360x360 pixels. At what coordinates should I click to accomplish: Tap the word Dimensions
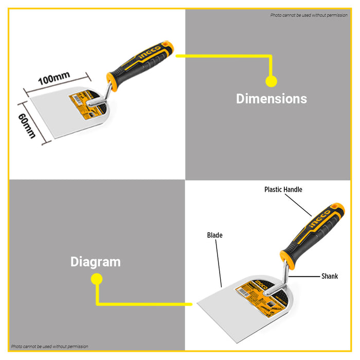[271, 99]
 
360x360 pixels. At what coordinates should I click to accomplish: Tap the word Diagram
[95, 262]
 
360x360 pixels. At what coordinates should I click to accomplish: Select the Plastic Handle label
[283, 190]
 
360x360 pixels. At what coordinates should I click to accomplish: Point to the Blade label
[214, 236]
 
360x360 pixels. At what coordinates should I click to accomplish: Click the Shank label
[330, 276]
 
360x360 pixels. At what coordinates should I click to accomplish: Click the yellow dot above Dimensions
[271, 81]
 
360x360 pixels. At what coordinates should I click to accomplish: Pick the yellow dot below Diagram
[96, 279]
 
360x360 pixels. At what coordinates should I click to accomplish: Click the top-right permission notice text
[309, 15]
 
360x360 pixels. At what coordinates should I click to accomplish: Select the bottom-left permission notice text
[50, 347]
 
